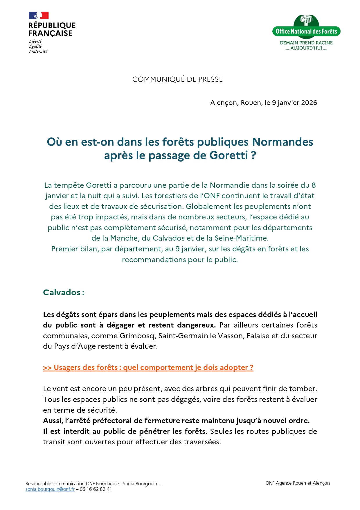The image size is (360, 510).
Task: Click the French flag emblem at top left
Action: (x=39, y=15)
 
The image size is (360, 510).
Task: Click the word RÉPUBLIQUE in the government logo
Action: (x=52, y=26)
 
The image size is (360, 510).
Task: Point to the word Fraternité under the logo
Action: (x=38, y=51)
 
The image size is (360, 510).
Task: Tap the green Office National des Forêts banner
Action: (x=306, y=31)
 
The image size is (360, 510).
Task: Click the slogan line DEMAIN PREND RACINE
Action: (x=306, y=43)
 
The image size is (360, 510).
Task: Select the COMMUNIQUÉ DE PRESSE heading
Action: (x=177, y=79)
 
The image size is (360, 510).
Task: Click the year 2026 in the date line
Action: (x=309, y=103)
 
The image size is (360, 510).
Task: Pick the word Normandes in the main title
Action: (x=282, y=142)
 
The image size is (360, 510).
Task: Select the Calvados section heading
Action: (x=64, y=292)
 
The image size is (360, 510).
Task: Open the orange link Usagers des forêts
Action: (x=148, y=368)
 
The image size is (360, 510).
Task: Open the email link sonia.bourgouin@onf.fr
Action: (x=50, y=489)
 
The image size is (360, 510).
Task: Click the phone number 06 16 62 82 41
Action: (x=96, y=489)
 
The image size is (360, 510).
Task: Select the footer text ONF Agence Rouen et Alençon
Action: (x=298, y=483)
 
